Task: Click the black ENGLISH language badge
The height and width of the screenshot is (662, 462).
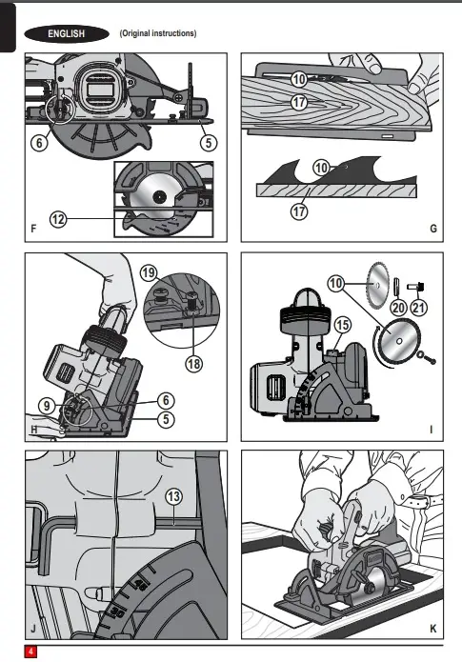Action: click(67, 33)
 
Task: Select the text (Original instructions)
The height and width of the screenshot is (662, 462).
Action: click(158, 33)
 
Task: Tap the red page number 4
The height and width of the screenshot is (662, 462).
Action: click(30, 652)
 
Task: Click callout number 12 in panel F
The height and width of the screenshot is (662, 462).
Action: click(58, 219)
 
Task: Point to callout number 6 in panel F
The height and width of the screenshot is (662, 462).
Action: click(39, 142)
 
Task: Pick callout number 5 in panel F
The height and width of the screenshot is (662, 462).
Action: click(209, 142)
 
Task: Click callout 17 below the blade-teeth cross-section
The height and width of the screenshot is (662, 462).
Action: click(299, 211)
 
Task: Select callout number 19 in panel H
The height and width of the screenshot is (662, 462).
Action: click(149, 272)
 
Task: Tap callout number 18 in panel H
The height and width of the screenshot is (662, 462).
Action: click(194, 364)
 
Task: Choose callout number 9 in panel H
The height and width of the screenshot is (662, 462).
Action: click(47, 406)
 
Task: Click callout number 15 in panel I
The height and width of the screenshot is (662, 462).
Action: click(343, 325)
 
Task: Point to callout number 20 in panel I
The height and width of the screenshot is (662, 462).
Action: click(399, 308)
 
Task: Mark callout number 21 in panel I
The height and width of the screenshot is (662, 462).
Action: click(418, 308)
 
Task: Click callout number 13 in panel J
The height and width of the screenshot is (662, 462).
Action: click(174, 496)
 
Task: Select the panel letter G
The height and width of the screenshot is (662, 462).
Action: click(433, 229)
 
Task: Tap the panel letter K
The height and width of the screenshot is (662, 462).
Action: click(432, 629)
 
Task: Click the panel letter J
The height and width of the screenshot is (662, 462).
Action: click(33, 629)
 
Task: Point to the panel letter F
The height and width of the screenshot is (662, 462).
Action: click(33, 229)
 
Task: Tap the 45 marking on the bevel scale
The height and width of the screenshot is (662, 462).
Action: click(140, 585)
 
